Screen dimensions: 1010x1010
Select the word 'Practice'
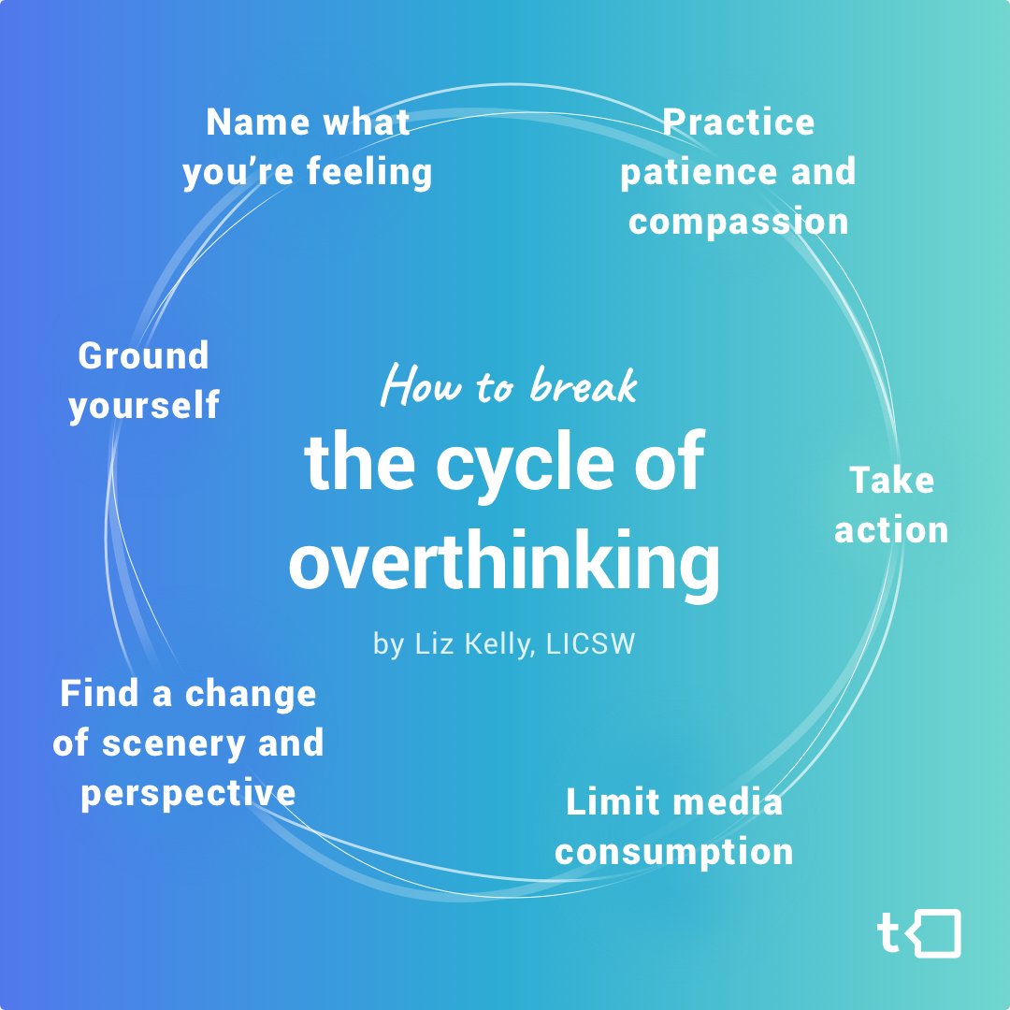point(738,123)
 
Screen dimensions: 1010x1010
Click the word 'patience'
point(685,173)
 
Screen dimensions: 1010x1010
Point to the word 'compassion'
point(738,223)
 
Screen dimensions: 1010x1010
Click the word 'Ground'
point(143,356)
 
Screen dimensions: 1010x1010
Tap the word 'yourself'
point(143,407)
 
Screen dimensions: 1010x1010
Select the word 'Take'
point(891,481)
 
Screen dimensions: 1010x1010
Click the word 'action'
point(891,530)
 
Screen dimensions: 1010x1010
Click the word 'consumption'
point(673,852)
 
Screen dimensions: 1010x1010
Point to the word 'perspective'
point(188,793)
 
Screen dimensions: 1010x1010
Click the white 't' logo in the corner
point(889,933)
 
